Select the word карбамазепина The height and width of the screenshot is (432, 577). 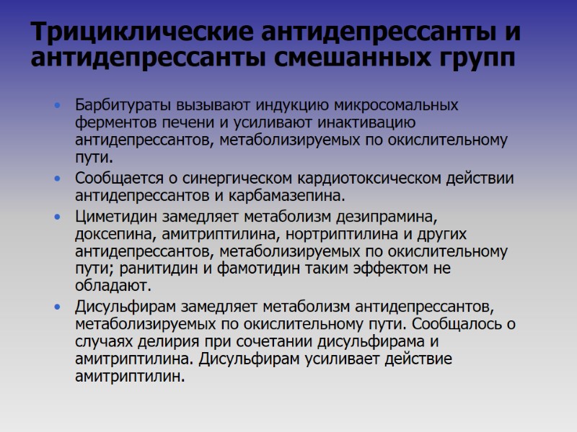(292, 195)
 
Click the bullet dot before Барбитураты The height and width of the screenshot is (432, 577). (58, 106)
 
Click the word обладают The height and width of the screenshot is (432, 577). (109, 287)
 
